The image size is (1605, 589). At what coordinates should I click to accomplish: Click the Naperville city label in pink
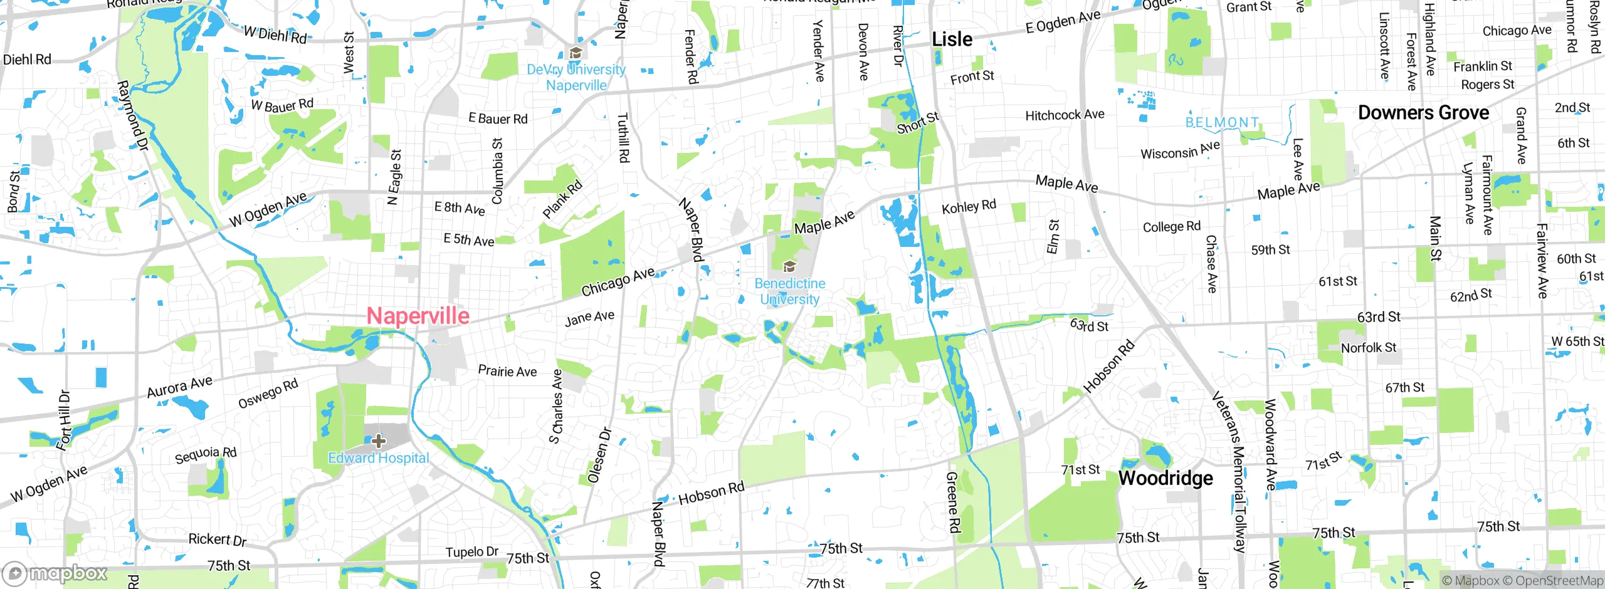(x=418, y=316)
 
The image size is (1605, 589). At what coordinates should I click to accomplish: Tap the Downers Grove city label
(x=1423, y=113)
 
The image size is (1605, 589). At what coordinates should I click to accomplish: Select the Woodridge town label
(x=1166, y=479)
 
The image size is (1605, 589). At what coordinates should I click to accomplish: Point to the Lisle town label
(x=952, y=39)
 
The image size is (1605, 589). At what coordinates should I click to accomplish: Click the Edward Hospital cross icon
(x=378, y=441)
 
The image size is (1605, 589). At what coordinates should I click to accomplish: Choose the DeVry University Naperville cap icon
(x=575, y=53)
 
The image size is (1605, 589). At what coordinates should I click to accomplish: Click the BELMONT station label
(x=1222, y=122)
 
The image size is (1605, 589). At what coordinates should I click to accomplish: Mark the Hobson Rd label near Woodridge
(x=1108, y=367)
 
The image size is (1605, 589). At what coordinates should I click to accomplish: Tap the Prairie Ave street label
(x=507, y=371)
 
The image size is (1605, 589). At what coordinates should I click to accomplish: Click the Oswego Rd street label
(x=268, y=394)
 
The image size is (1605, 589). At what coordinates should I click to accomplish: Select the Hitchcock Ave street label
(x=1065, y=115)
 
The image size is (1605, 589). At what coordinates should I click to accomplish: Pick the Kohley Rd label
(x=969, y=207)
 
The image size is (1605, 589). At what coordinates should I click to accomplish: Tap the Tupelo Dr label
(x=471, y=552)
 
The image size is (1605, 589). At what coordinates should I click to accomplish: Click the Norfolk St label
(x=1368, y=348)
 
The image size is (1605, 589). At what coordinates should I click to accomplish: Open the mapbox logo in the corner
(x=55, y=573)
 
